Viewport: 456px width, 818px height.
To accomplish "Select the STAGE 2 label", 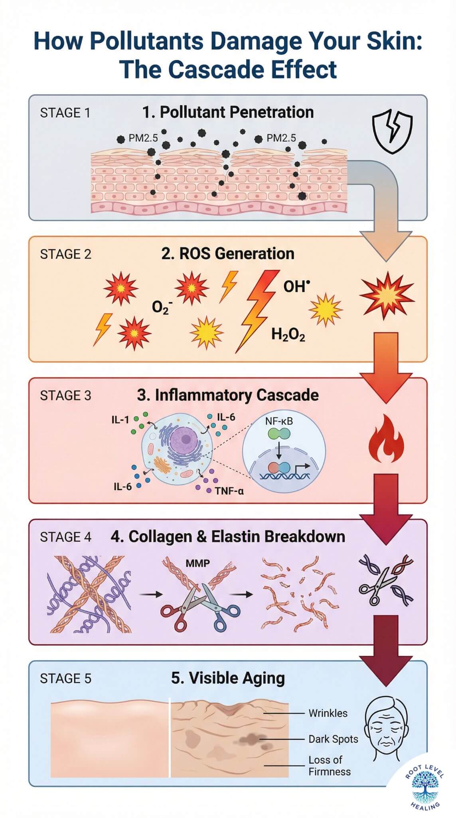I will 65,254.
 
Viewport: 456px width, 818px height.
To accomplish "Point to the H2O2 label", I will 288,334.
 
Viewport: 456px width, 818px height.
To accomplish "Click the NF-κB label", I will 279,421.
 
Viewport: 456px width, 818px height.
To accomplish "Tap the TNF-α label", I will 229,491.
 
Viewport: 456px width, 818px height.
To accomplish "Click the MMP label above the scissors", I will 198,564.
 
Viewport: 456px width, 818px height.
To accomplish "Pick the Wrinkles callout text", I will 328,713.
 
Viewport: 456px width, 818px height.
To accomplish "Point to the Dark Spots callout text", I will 333,739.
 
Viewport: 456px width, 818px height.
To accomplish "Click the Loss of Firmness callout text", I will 330,765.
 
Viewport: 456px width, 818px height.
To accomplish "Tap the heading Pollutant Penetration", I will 236,112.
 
